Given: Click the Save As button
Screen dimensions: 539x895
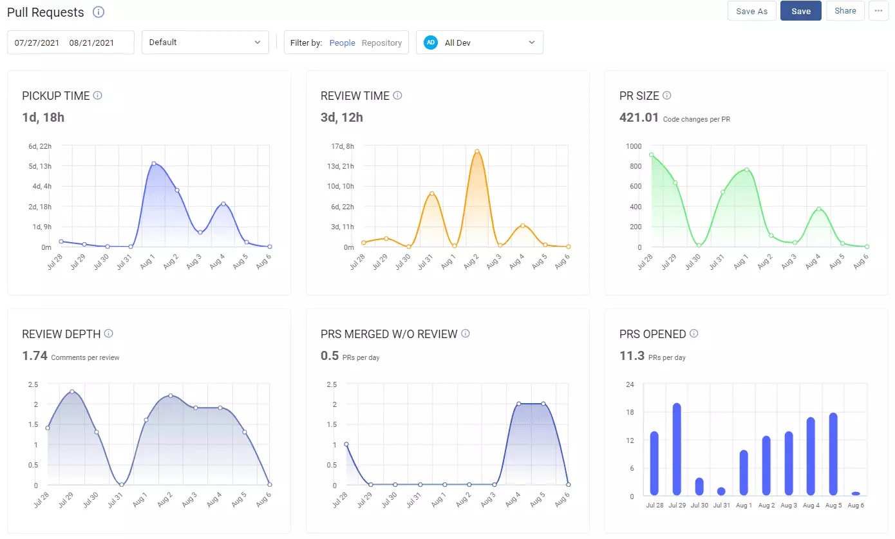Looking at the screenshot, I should [751, 11].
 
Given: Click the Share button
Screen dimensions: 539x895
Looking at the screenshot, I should [845, 11].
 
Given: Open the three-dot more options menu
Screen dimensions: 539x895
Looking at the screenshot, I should [878, 11].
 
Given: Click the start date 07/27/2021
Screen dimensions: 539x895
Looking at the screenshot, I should [37, 43].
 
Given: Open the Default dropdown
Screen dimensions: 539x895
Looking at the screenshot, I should [205, 43].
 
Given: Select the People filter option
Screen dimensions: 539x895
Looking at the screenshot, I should [342, 43].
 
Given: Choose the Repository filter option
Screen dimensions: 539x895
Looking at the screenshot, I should [381, 43].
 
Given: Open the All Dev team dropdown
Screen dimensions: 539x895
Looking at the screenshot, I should [479, 43].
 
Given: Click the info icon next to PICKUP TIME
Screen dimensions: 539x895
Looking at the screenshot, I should [98, 95].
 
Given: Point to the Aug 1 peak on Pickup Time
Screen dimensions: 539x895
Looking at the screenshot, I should [153, 164].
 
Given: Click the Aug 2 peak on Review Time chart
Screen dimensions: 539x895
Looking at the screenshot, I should [477, 151].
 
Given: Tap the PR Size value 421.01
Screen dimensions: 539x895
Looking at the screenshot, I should [639, 117].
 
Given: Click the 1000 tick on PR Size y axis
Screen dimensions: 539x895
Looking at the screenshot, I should [634, 146].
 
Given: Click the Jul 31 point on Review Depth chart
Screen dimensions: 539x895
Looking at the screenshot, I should [121, 484].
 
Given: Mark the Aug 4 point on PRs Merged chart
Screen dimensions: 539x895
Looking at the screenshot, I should [518, 404].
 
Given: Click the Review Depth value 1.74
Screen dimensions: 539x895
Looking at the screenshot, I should [35, 355].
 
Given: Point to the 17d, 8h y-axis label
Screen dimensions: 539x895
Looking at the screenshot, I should [342, 146].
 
